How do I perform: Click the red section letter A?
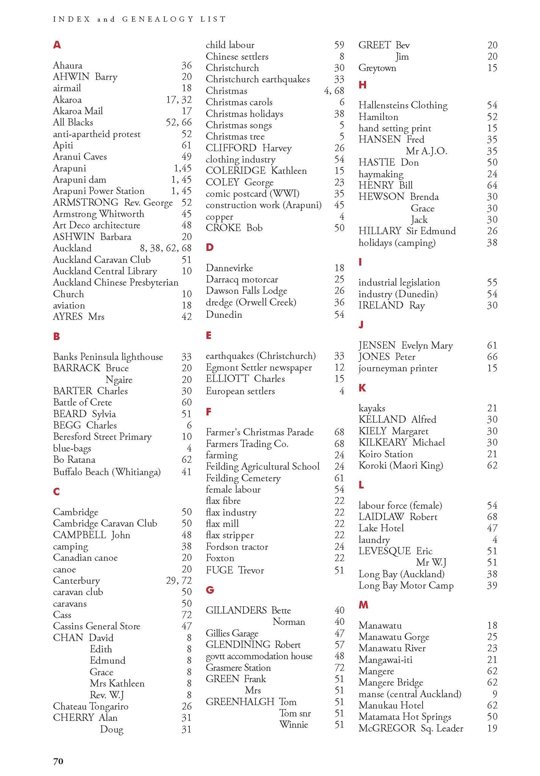[57, 45]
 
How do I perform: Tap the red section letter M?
[363, 605]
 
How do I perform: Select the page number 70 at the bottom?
[58, 761]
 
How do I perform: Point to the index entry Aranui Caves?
[80, 157]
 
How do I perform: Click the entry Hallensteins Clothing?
[403, 105]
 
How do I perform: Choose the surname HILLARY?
[380, 231]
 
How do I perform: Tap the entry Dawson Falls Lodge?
[247, 291]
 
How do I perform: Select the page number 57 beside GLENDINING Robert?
[339, 645]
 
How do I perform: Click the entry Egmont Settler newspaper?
[259, 368]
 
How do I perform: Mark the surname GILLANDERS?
[236, 610]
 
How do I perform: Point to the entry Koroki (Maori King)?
[401, 465]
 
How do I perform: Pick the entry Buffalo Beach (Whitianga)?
[107, 472]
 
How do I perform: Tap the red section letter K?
[362, 387]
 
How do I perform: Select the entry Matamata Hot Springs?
[405, 717]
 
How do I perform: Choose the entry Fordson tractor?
[237, 546]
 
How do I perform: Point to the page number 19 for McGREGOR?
[492, 728]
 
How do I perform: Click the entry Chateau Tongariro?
[91, 706]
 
